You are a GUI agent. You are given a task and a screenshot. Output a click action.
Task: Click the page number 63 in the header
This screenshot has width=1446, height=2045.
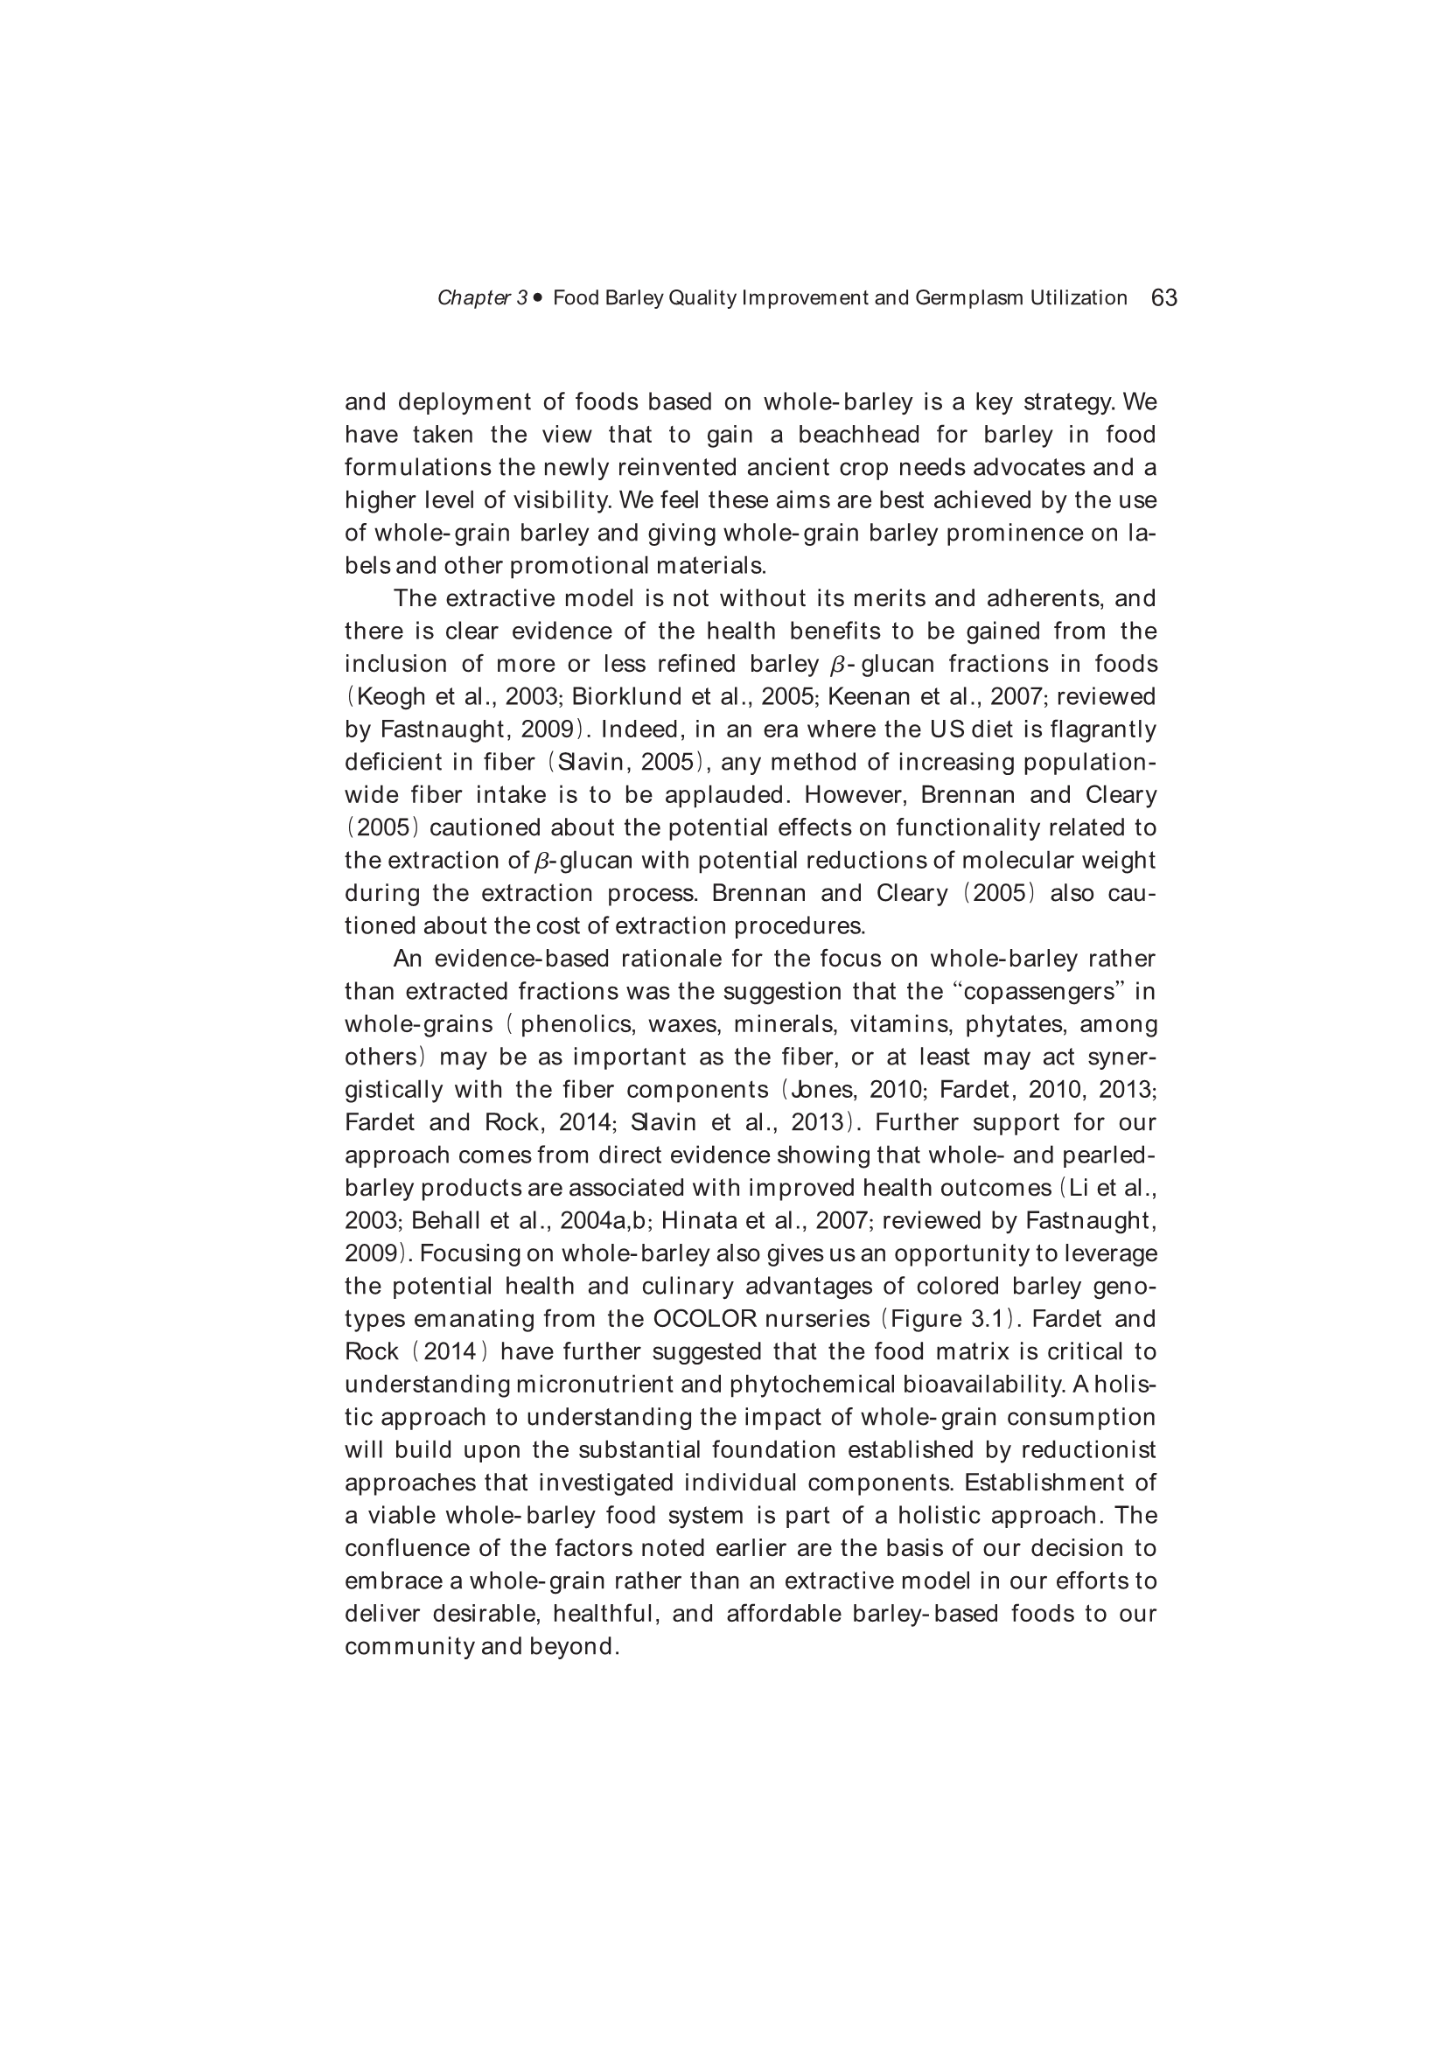point(1163,297)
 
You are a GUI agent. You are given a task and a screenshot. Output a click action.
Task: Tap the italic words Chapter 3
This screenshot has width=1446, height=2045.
point(482,298)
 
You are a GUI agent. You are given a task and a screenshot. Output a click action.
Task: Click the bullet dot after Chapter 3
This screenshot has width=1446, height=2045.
point(537,297)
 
